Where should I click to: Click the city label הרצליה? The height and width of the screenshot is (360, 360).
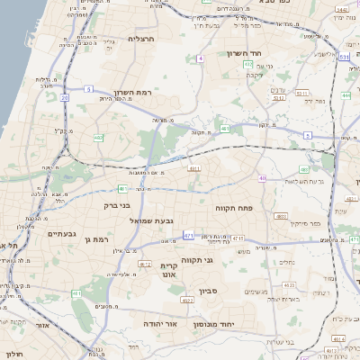(x=142, y=39)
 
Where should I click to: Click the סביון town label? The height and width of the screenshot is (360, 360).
(x=208, y=291)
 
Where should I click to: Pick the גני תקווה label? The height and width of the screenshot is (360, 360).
(x=194, y=260)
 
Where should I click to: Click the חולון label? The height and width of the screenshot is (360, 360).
(x=12, y=355)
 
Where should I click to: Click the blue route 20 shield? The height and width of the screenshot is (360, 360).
(x=65, y=96)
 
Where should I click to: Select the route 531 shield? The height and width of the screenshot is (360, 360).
(x=345, y=57)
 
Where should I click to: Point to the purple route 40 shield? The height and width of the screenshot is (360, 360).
(x=263, y=178)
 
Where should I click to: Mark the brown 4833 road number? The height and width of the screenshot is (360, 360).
(x=282, y=216)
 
